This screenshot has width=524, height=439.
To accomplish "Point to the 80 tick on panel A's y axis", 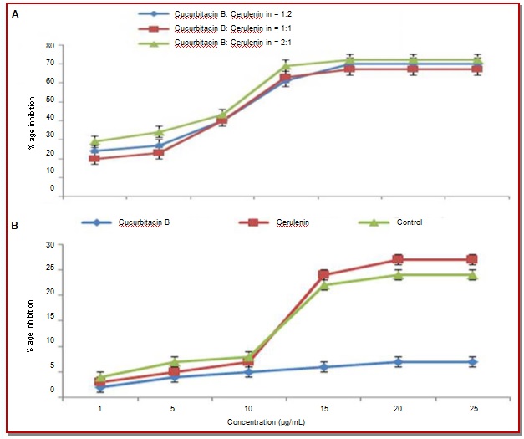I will [50, 46].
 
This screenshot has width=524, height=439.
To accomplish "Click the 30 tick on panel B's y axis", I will [50, 245].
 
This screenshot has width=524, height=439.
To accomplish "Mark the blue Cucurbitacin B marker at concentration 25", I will [473, 361].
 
